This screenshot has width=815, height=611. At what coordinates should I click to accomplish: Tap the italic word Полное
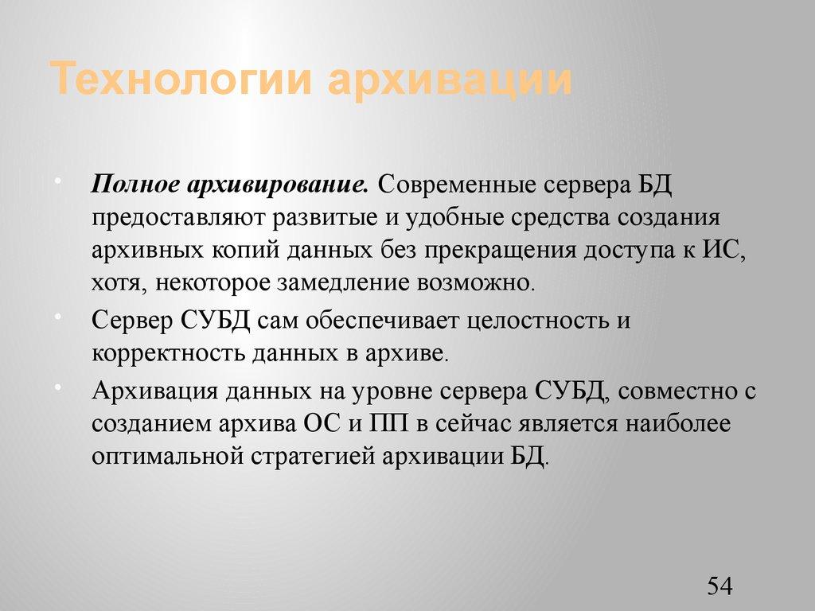coord(135,186)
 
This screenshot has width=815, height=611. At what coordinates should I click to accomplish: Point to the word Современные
coord(456,186)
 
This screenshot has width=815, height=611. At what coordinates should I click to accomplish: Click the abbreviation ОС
coord(322,424)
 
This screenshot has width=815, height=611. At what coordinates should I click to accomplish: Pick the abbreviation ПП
coord(388,424)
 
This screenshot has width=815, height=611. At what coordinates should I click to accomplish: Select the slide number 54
coord(719,587)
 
